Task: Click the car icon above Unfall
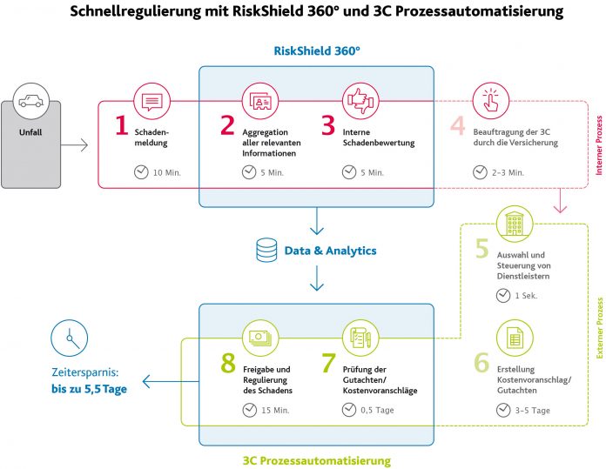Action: pyautogui.click(x=31, y=101)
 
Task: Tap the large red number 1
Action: pyautogui.click(x=122, y=125)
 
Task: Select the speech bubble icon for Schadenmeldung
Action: pyautogui.click(x=151, y=102)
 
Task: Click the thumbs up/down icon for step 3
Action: pyautogui.click(x=360, y=102)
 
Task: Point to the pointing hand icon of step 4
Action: pyautogui.click(x=491, y=101)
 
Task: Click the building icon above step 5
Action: pyautogui.click(x=515, y=224)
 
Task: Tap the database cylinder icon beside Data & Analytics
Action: pyautogui.click(x=266, y=250)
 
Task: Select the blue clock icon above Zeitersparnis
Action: pyautogui.click(x=70, y=338)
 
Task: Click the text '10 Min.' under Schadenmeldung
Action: pyautogui.click(x=167, y=172)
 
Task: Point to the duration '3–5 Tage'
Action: pyautogui.click(x=532, y=411)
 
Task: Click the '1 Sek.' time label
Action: pyautogui.click(x=526, y=296)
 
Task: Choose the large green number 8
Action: pyautogui.click(x=228, y=363)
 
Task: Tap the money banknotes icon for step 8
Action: pyautogui.click(x=260, y=338)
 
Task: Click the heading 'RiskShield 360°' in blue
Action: pyautogui.click(x=317, y=50)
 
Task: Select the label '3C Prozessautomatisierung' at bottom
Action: pyautogui.click(x=317, y=460)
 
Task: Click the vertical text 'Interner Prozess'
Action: pyautogui.click(x=599, y=145)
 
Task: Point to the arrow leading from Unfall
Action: pyautogui.click(x=74, y=145)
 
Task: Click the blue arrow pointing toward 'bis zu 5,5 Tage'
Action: pyautogui.click(x=171, y=382)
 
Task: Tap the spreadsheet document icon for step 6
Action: pyautogui.click(x=515, y=338)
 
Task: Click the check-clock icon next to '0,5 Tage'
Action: pyautogui.click(x=349, y=410)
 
